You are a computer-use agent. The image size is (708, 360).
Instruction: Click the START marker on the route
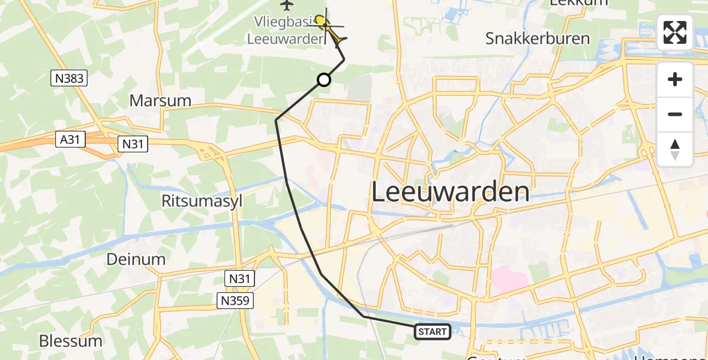pyautogui.click(x=432, y=331)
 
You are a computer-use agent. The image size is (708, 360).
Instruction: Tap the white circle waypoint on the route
pyautogui.click(x=323, y=80)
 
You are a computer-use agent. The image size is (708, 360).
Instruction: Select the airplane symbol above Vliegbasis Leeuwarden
pyautogui.click(x=286, y=5)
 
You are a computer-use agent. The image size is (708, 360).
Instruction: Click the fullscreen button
pyautogui.click(x=675, y=32)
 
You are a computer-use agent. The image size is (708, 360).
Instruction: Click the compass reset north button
pyautogui.click(x=675, y=149)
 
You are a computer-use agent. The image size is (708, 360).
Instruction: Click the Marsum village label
pyautogui.click(x=160, y=100)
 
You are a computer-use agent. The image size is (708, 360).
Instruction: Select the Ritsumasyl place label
pyautogui.click(x=202, y=201)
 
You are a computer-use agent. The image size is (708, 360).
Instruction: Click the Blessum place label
pyautogui.click(x=70, y=341)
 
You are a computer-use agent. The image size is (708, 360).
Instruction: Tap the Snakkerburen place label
pyautogui.click(x=538, y=38)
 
